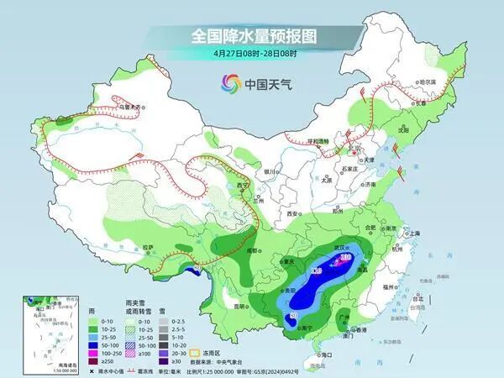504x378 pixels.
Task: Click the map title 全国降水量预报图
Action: (x=251, y=36)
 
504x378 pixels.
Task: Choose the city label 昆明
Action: (x=241, y=305)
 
